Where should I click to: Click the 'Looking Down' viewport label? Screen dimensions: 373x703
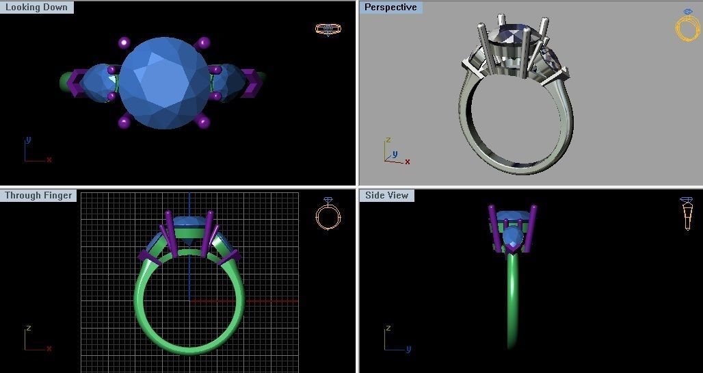pyautogui.click(x=36, y=8)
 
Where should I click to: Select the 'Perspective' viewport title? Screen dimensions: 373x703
pyautogui.click(x=390, y=8)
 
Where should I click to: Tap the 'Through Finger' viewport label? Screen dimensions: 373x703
pyautogui.click(x=38, y=196)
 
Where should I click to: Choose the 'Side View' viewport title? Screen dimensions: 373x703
pyautogui.click(x=386, y=196)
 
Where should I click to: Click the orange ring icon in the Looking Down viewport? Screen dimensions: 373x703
pyautogui.click(x=328, y=29)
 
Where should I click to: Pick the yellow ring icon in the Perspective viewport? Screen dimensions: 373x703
pyautogui.click(x=687, y=26)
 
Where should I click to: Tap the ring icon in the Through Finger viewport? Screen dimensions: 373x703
pyautogui.click(x=328, y=214)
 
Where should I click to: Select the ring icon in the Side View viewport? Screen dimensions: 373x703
pyautogui.click(x=687, y=214)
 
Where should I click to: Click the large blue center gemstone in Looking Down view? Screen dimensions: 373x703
pyautogui.click(x=164, y=83)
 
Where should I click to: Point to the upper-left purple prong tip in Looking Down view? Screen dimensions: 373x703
pyautogui.click(x=124, y=42)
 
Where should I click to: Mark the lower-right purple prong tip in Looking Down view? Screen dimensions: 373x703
pyautogui.click(x=203, y=123)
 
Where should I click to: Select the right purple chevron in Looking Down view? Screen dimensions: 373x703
pyautogui.click(x=250, y=82)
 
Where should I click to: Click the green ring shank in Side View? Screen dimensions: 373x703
pyautogui.click(x=513, y=301)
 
